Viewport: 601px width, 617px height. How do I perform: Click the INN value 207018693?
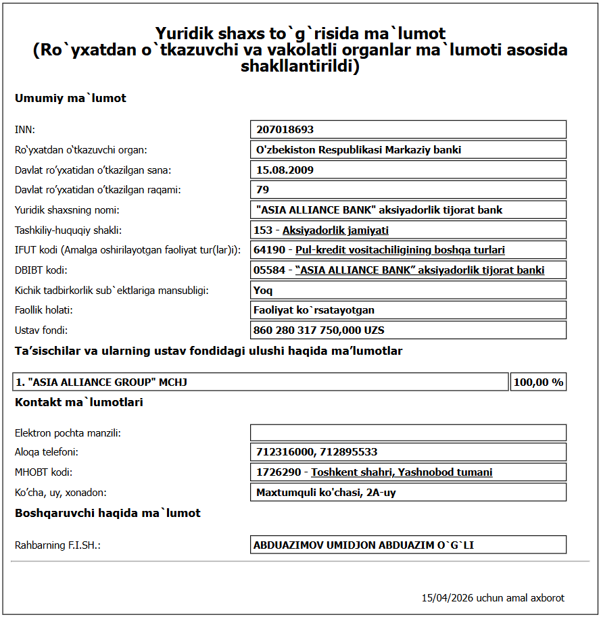point(285,130)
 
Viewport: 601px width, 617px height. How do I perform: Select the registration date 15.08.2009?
point(285,170)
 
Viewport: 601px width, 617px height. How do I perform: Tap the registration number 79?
point(262,190)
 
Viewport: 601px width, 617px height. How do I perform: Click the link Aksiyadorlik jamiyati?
point(335,230)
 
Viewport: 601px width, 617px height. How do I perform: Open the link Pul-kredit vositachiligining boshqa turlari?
point(400,250)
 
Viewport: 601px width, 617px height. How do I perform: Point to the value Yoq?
point(264,291)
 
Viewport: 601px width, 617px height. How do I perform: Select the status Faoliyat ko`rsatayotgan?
point(314,310)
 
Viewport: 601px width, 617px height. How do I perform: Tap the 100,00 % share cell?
point(538,382)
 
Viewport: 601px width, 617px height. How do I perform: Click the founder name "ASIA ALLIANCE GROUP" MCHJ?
point(101,382)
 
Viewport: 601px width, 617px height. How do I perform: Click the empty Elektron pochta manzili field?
point(408,433)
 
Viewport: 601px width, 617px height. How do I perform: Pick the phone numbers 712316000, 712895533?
point(316,452)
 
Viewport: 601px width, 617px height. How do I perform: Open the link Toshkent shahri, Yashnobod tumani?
point(402,472)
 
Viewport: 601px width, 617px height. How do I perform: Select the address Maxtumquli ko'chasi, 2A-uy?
point(326,493)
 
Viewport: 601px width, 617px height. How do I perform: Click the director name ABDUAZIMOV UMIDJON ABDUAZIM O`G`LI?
point(363,545)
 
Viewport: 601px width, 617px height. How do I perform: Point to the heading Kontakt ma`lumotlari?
point(78,403)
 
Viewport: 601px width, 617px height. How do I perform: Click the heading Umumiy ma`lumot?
point(70,99)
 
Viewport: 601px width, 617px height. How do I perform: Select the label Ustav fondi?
point(41,330)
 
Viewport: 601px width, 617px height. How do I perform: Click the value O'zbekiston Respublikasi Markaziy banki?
point(358,150)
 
